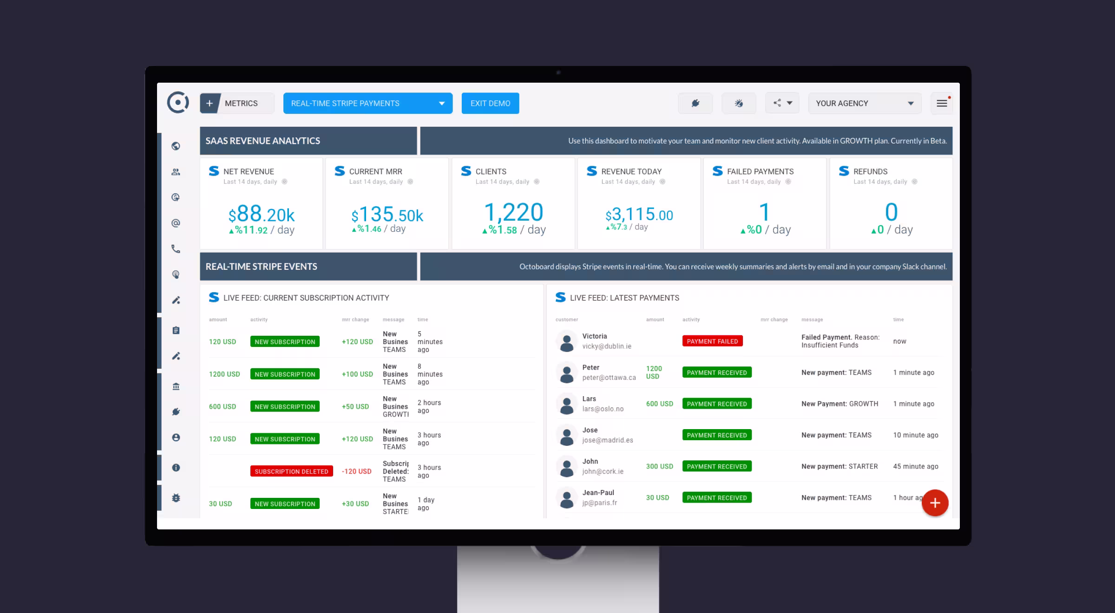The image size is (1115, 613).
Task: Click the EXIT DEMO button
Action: click(490, 103)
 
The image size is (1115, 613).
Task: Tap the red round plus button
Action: click(935, 503)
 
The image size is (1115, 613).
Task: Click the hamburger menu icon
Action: click(942, 103)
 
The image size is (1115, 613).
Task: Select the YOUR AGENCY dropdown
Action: click(865, 103)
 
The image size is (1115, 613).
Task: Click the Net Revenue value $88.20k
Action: click(261, 215)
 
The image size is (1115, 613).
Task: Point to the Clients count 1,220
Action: click(513, 213)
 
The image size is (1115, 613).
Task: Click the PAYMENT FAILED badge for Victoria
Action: click(712, 341)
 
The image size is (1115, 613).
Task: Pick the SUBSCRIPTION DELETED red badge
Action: click(291, 471)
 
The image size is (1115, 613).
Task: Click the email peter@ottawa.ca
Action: click(609, 378)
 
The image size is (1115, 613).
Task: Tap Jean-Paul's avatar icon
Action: click(566, 498)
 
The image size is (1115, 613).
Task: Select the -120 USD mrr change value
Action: click(356, 471)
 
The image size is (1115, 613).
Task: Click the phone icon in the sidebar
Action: click(176, 249)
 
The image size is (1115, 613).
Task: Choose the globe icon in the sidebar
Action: click(176, 146)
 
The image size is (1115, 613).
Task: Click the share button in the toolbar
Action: click(782, 103)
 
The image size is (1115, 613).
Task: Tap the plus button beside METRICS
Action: click(210, 103)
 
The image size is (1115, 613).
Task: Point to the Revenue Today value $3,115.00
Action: click(639, 215)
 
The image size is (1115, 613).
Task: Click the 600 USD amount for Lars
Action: click(659, 404)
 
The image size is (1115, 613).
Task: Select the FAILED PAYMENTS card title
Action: click(760, 171)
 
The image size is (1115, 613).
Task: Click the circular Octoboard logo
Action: click(178, 103)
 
